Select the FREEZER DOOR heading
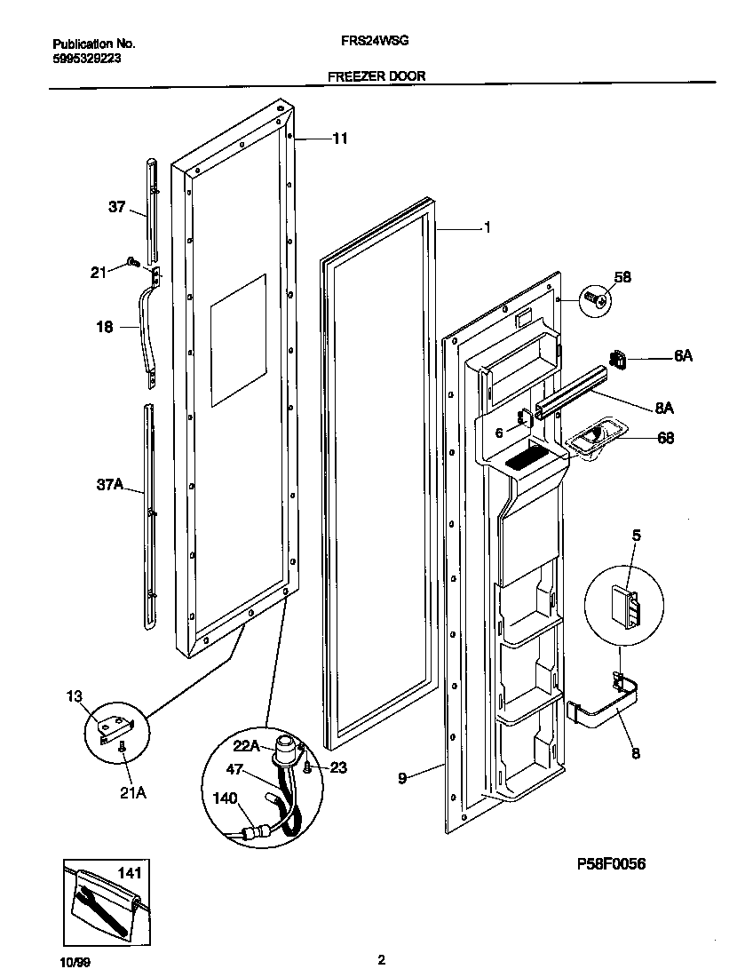[376, 76]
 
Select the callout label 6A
[682, 355]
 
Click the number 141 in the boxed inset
[129, 874]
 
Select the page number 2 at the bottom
[382, 959]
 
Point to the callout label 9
[402, 778]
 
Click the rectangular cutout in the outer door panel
[238, 340]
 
